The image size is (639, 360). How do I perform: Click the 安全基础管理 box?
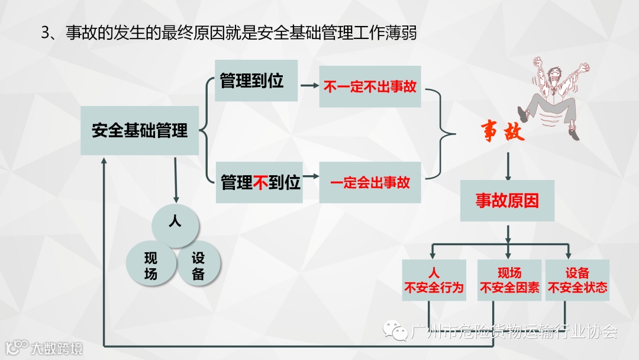tap(140, 131)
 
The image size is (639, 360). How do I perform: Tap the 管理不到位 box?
tap(260, 182)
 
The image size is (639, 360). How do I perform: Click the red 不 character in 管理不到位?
tap(261, 182)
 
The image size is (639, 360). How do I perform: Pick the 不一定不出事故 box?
tap(370, 86)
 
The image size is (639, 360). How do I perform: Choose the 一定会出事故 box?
tap(370, 182)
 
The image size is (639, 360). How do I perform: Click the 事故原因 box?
tap(507, 201)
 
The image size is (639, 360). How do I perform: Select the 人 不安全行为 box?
tap(434, 280)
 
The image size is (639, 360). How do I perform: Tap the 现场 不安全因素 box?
tap(509, 280)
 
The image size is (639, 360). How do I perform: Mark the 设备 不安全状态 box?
tap(577, 280)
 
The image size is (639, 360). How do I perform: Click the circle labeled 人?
tap(175, 223)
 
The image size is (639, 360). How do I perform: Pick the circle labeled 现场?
tap(151, 265)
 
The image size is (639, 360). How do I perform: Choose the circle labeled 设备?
tap(198, 265)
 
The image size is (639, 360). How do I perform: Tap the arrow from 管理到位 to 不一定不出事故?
tap(309, 86)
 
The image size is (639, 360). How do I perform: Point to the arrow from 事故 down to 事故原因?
tap(508, 166)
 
